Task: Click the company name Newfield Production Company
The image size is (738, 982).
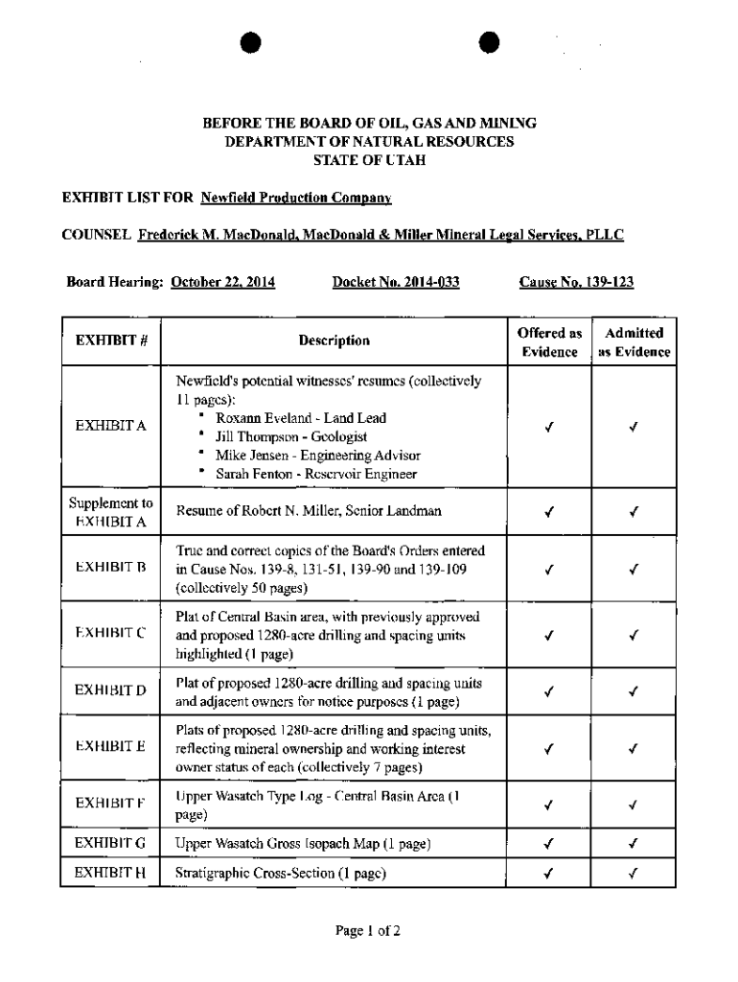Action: tap(296, 199)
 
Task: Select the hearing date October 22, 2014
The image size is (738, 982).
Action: tap(222, 282)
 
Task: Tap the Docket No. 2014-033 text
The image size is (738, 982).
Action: tap(396, 282)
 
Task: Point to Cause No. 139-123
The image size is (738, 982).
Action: tap(576, 282)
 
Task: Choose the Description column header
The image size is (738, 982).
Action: tap(334, 340)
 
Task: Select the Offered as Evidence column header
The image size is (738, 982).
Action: tap(549, 342)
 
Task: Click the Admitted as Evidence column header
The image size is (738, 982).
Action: tap(634, 342)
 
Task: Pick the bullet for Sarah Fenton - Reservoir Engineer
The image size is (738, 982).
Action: tap(202, 473)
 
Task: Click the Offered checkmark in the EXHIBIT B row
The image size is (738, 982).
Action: tap(549, 569)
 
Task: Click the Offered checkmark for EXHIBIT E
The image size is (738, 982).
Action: tap(549, 749)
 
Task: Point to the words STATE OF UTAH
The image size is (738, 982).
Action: tap(369, 159)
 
